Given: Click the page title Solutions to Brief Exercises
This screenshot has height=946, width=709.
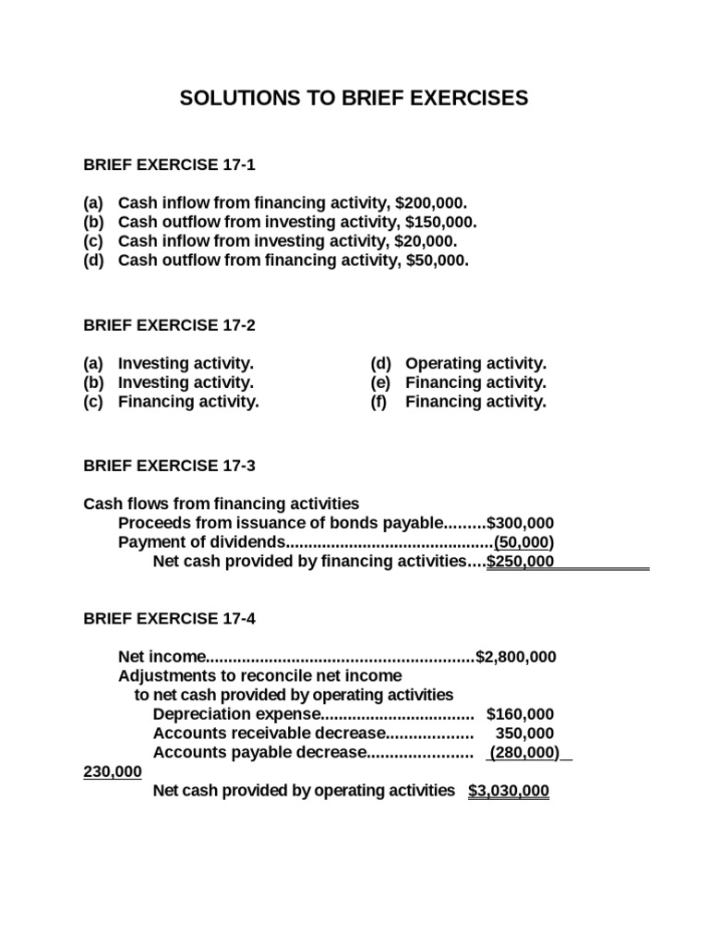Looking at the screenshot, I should [354, 98].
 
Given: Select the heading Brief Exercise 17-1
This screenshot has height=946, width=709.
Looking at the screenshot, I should [169, 165].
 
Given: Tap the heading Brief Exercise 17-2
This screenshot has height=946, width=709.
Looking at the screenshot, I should [169, 325].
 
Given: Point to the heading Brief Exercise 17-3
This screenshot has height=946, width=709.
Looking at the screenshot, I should [169, 466].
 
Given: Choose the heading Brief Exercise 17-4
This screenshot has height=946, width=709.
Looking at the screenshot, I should [169, 619].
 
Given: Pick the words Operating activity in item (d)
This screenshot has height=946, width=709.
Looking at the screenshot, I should [475, 364].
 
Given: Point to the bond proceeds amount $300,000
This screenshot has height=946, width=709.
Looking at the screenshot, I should [521, 523].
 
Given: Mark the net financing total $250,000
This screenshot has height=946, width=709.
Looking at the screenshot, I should [521, 561].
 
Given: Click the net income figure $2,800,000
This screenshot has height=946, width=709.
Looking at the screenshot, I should [516, 657].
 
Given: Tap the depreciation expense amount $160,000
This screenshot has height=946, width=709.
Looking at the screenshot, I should [521, 714].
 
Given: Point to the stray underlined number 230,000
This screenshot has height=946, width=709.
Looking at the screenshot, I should [113, 771].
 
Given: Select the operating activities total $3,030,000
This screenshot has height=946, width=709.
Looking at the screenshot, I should [509, 791].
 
